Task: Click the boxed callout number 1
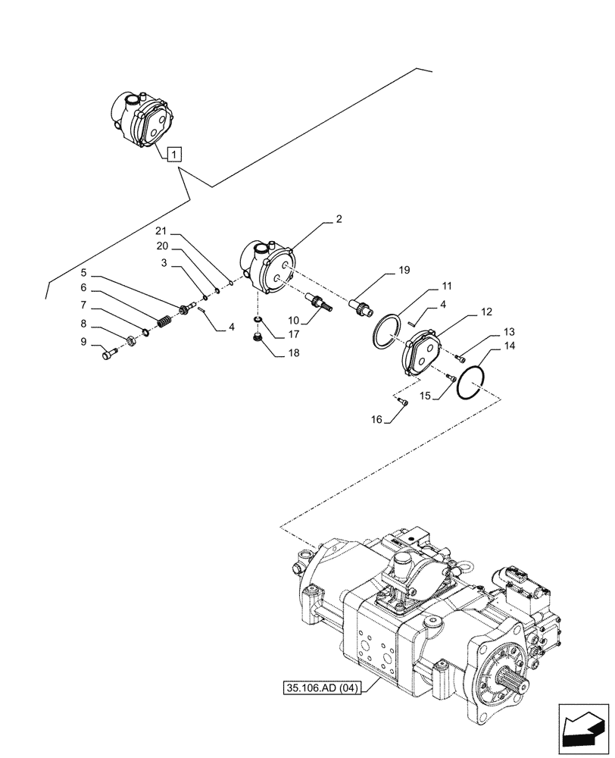174,155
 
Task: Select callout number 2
339,220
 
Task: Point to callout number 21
160,231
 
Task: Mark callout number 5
84,271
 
